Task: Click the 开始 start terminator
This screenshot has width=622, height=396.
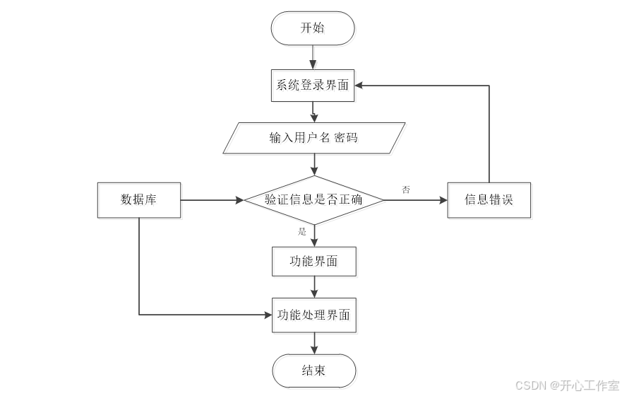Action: [313, 28]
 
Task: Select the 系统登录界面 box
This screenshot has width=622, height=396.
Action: [313, 86]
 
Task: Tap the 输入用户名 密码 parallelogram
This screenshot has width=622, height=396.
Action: [313, 138]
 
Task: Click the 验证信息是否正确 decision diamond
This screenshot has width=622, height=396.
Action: [313, 200]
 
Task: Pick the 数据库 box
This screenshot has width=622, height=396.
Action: [138, 200]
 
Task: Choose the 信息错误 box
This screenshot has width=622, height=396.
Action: [489, 200]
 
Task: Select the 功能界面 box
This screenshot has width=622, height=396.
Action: [313, 262]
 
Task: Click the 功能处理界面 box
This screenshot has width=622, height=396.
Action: [313, 315]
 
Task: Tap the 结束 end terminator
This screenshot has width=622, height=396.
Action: [313, 371]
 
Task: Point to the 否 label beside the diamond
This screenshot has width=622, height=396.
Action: [406, 190]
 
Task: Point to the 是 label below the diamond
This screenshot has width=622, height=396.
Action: [302, 232]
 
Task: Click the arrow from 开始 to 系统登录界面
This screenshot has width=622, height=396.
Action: [313, 57]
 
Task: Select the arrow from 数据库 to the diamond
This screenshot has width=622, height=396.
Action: [212, 200]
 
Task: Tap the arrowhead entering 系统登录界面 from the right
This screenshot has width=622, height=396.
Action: [359, 86]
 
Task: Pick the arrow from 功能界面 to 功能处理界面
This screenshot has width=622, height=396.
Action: [313, 287]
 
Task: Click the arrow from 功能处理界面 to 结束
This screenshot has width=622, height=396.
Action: [313, 343]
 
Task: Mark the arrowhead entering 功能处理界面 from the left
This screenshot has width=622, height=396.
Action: [268, 315]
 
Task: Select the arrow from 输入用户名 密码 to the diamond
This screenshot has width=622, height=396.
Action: [313, 165]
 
